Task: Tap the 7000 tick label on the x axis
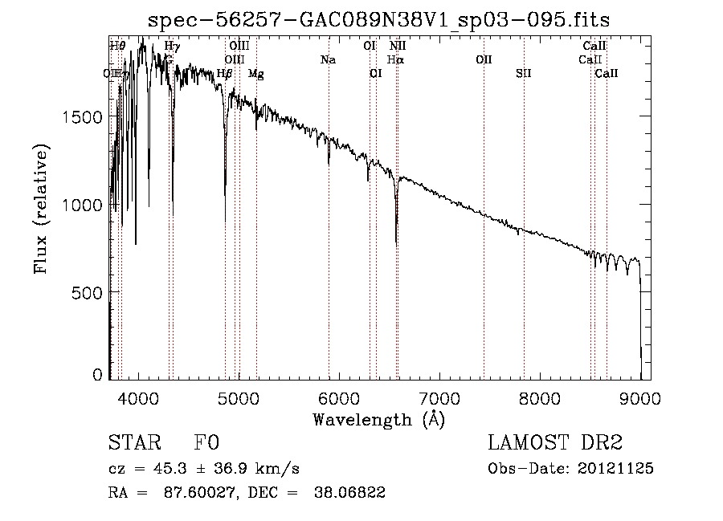pyautogui.click(x=439, y=397)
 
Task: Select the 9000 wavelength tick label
pyautogui.click(x=640, y=397)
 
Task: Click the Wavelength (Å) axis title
pyautogui.click(x=378, y=419)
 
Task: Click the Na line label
pyautogui.click(x=328, y=60)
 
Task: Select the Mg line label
pyautogui.click(x=255, y=74)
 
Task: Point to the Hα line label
pyautogui.click(x=395, y=60)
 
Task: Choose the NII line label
pyautogui.click(x=397, y=47)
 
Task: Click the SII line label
pyautogui.click(x=523, y=74)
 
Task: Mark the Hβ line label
pyautogui.click(x=225, y=74)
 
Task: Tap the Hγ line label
pyautogui.click(x=172, y=47)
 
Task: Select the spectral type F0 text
pyautogui.click(x=207, y=443)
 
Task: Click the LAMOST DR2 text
pyautogui.click(x=555, y=443)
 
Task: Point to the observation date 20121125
pyautogui.click(x=614, y=468)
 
